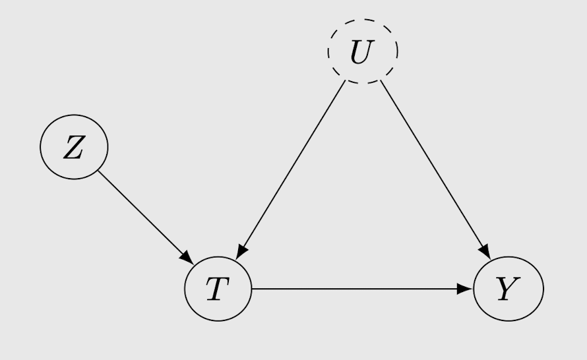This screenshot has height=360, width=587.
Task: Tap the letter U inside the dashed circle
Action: coord(362,52)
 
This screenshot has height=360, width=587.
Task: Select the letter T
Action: coord(218,289)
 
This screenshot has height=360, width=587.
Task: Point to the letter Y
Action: coord(509,289)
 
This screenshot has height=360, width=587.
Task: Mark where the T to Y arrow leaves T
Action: coord(252,289)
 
